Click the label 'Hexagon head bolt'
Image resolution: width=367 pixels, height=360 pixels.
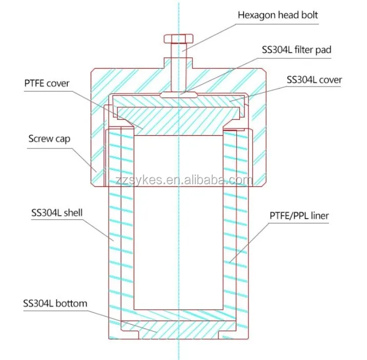click(x=277, y=15)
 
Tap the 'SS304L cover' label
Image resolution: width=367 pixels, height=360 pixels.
click(x=314, y=79)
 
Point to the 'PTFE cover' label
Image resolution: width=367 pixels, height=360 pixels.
click(x=47, y=83)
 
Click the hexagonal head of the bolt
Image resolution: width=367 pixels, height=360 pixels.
click(x=178, y=39)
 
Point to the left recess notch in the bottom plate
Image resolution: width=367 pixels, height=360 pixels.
click(x=132, y=335)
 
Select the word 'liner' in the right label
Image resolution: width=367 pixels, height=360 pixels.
click(x=319, y=216)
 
